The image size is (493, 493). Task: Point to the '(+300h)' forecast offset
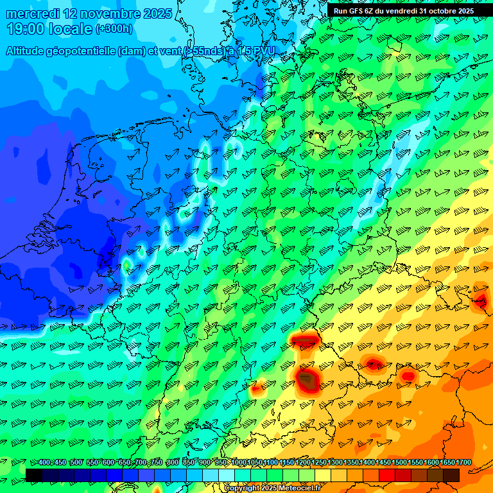click(x=114, y=29)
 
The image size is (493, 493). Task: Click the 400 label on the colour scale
click(x=44, y=463)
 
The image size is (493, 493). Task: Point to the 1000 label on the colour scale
click(x=239, y=463)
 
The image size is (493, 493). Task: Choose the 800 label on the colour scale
click(x=173, y=463)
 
